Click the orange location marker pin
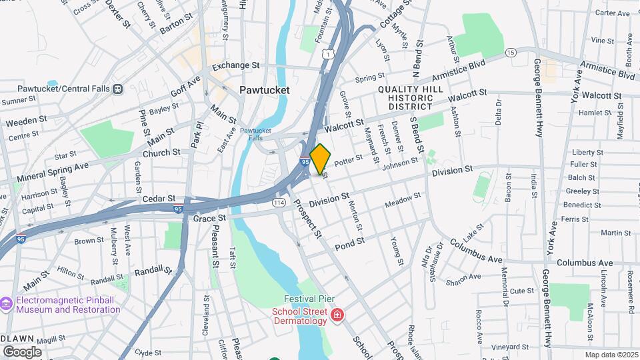(x=320, y=159)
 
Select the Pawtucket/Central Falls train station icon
(x=117, y=88)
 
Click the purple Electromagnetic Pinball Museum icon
(x=7, y=304)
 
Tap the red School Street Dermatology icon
(x=338, y=313)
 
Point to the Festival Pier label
(x=309, y=299)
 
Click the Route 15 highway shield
(x=511, y=52)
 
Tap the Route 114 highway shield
(x=279, y=201)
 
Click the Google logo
(x=23, y=351)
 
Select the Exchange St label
(x=235, y=66)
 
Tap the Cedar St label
(x=158, y=199)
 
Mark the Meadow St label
(x=403, y=199)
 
